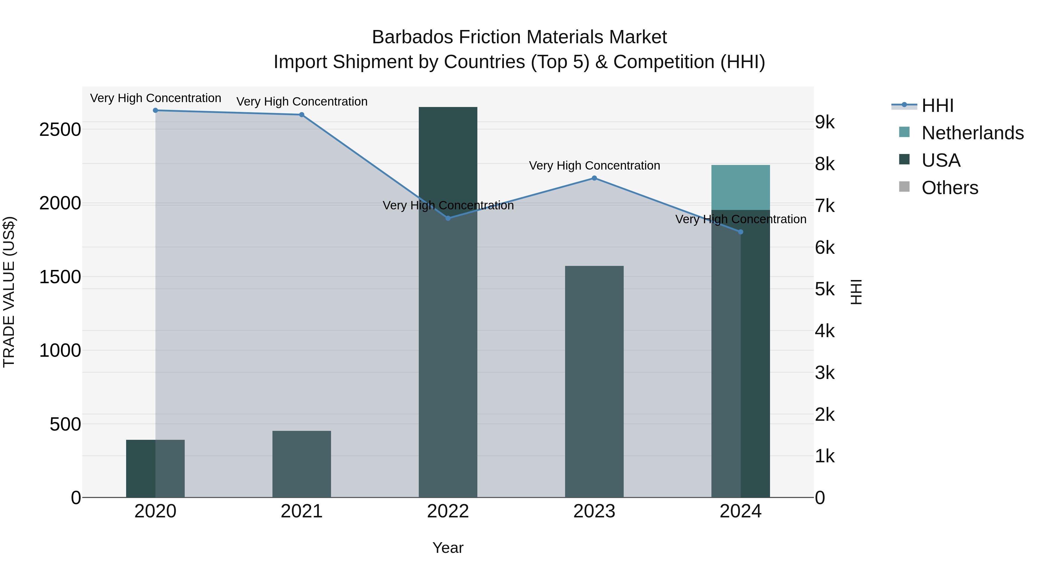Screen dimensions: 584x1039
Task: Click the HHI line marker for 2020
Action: tap(155, 110)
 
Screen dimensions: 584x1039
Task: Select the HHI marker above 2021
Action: tap(302, 114)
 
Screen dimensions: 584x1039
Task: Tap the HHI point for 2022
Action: tap(448, 218)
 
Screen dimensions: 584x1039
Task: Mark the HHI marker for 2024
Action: tap(741, 232)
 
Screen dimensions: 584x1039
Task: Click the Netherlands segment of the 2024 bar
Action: tap(741, 187)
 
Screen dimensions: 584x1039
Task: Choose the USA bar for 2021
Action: tap(302, 463)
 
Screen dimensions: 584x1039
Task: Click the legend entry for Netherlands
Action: tap(972, 133)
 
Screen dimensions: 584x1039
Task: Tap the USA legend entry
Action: tap(941, 160)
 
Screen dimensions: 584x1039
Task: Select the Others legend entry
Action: tap(950, 188)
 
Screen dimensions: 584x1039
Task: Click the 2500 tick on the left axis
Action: tap(60, 130)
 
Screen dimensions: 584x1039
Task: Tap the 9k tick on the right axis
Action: tap(825, 122)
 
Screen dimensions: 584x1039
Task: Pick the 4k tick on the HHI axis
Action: tap(825, 331)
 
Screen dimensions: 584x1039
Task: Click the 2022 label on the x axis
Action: tap(448, 511)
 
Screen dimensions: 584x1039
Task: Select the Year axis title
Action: tap(448, 548)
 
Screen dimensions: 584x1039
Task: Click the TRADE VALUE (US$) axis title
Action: tap(9, 292)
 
